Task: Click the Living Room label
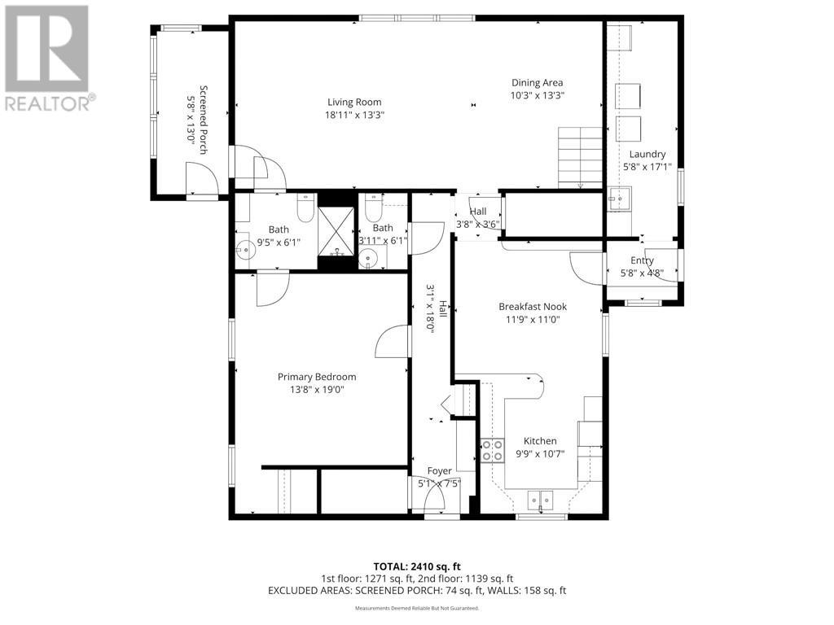pyautogui.click(x=354, y=103)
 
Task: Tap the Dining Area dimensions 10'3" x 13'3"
pyautogui.click(x=537, y=95)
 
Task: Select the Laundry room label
pyautogui.click(x=647, y=154)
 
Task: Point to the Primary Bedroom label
pyautogui.click(x=317, y=377)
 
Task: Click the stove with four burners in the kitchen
pyautogui.click(x=491, y=450)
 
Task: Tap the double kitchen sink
pyautogui.click(x=540, y=499)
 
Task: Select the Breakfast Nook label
pyautogui.click(x=532, y=307)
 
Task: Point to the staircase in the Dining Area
pyautogui.click(x=580, y=156)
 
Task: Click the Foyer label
pyautogui.click(x=439, y=471)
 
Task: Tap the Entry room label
pyautogui.click(x=642, y=260)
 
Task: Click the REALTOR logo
pyautogui.click(x=49, y=58)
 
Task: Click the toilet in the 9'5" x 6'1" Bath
pyautogui.click(x=306, y=209)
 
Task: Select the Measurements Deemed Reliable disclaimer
pyautogui.click(x=417, y=608)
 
